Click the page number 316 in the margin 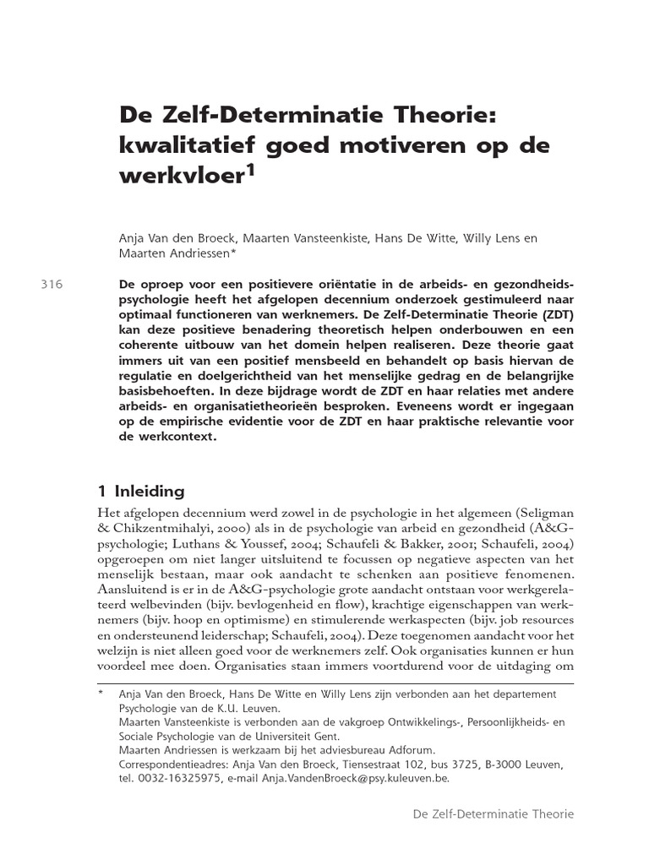[x=52, y=285]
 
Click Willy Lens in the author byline [x=492, y=238]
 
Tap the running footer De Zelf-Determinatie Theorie [x=493, y=813]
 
